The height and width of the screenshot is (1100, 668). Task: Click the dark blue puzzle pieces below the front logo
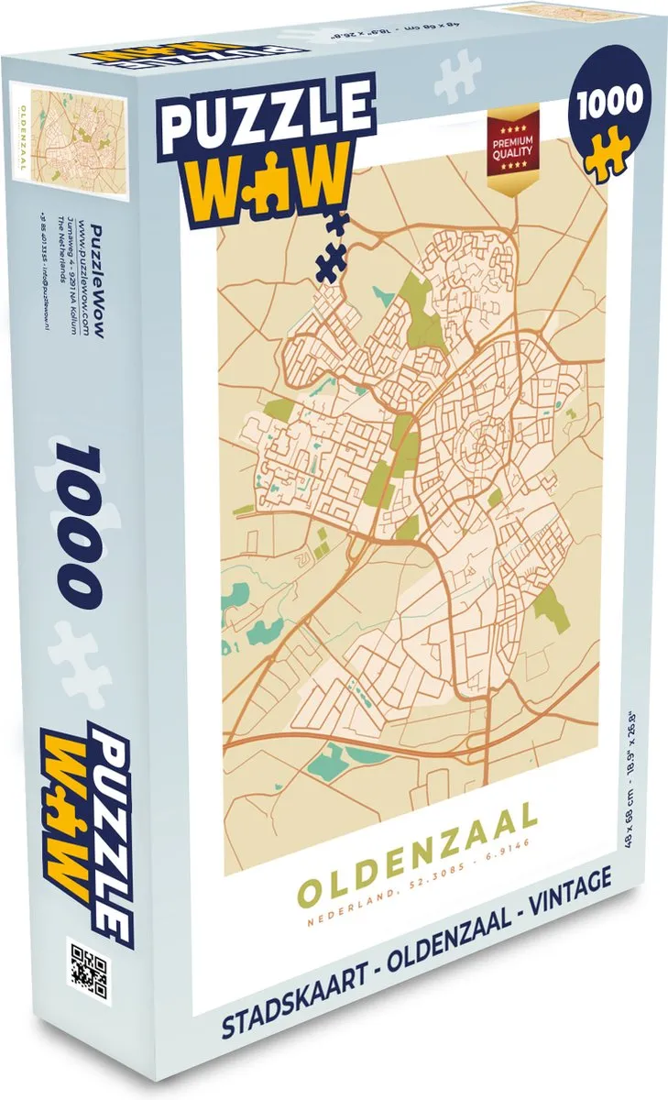tap(329, 235)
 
